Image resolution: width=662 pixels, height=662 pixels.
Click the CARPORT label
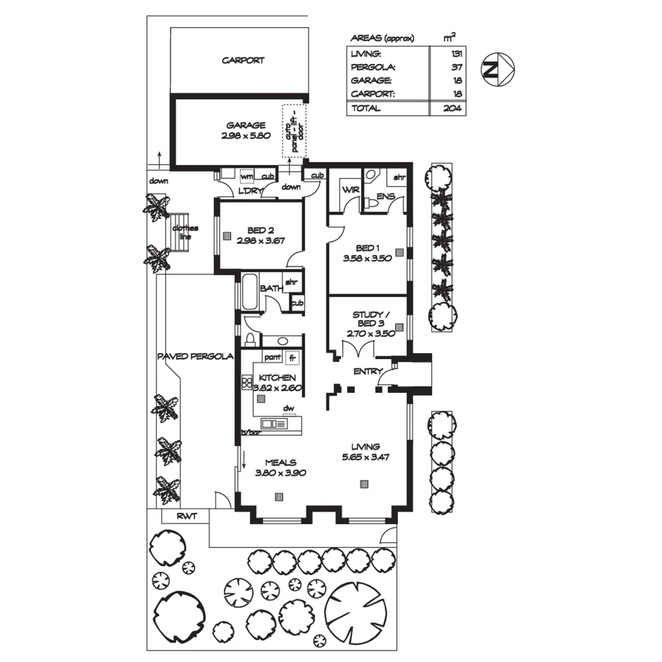click(x=243, y=61)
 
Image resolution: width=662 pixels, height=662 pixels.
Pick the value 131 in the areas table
click(x=455, y=54)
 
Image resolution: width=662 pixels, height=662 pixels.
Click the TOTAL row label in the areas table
click(x=365, y=108)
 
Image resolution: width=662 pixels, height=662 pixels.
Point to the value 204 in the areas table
click(x=452, y=108)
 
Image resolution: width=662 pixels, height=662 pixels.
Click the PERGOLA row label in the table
click(x=371, y=67)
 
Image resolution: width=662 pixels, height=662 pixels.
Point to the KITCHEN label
click(x=278, y=378)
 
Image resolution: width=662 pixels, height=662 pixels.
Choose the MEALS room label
click(x=280, y=462)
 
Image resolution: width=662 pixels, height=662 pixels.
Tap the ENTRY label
click(x=368, y=371)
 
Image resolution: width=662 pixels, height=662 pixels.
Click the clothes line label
click(x=181, y=232)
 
